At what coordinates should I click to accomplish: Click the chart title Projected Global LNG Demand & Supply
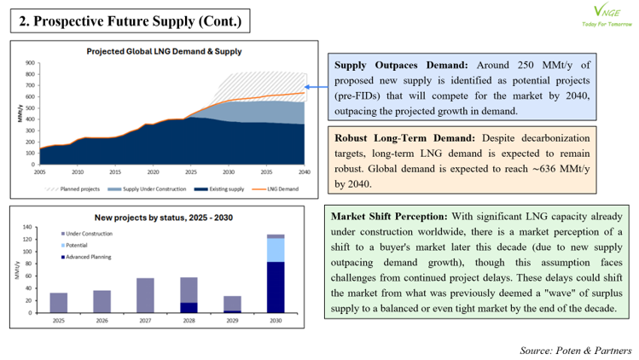[x=164, y=51]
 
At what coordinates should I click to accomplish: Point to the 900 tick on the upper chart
[x=30, y=63]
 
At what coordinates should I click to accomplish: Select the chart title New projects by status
[x=164, y=218]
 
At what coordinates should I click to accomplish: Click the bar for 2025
[x=59, y=303]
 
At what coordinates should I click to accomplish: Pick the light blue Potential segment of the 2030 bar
[x=275, y=250]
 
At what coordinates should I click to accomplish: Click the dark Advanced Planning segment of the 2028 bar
[x=189, y=307]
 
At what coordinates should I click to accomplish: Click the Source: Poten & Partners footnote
[x=575, y=350]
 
